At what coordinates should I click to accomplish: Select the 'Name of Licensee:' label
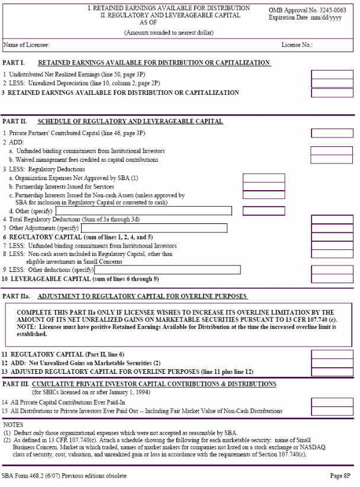[x=26, y=45]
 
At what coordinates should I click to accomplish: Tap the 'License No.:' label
[x=297, y=45]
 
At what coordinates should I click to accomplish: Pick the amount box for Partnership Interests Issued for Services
[x=263, y=187]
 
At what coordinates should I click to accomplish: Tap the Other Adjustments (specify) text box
[x=154, y=228]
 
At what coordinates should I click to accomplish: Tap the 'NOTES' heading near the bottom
[x=13, y=425]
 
